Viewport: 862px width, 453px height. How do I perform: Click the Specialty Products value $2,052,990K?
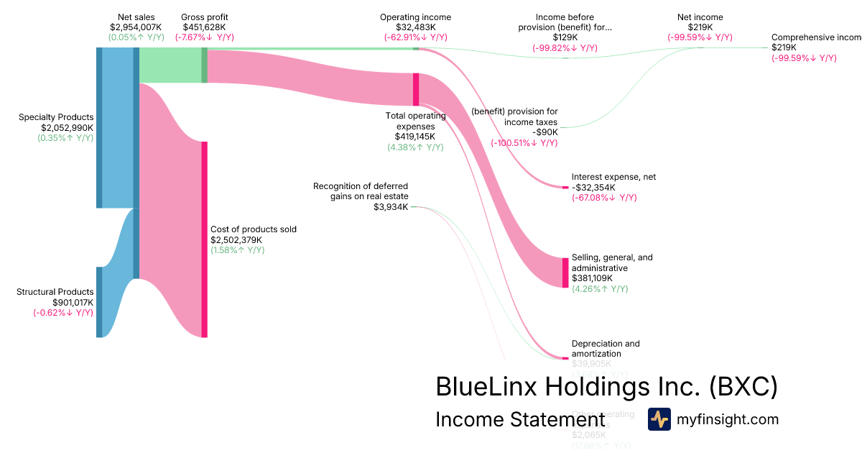pos(67,127)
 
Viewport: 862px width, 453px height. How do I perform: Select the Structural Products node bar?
pos(99,302)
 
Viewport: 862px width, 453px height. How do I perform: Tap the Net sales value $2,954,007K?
pos(136,27)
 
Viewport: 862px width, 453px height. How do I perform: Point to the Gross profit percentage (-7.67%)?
pos(205,37)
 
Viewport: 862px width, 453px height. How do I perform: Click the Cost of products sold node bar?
pos(204,239)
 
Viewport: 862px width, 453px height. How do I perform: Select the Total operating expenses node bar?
pos(416,89)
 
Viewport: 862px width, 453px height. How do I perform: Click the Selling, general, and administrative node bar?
pos(565,273)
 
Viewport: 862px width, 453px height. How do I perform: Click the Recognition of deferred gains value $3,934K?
pos(391,207)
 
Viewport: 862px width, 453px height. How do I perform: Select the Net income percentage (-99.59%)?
pos(700,37)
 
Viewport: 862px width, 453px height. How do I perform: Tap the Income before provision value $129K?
pos(565,37)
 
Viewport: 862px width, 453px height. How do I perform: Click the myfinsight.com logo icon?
pos(659,419)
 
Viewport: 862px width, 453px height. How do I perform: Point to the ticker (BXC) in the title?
pos(743,387)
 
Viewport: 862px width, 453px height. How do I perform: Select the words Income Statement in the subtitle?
pos(519,419)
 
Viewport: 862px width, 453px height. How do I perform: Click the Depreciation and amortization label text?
pos(605,349)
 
